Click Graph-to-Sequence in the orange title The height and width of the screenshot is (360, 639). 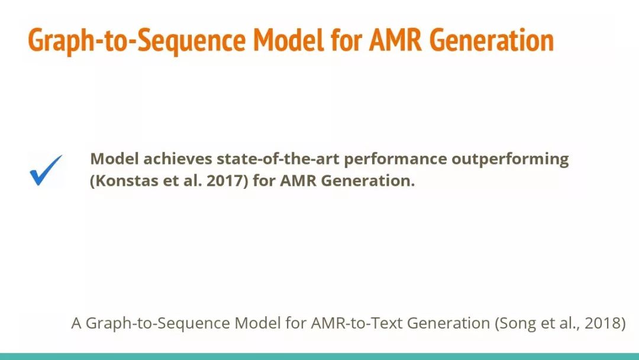[137, 40]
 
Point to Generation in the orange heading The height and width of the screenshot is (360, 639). [492, 40]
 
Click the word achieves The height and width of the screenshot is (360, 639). [177, 159]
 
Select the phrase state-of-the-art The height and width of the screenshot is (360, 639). [278, 159]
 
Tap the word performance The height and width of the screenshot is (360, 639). [395, 159]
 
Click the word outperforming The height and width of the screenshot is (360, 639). [510, 159]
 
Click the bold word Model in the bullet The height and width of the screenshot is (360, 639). [115, 159]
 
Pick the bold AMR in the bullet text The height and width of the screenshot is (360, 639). [298, 180]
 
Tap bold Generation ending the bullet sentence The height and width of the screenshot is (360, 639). [368, 180]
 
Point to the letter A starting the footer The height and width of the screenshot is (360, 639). [76, 323]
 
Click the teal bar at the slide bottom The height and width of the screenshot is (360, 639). [319, 356]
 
